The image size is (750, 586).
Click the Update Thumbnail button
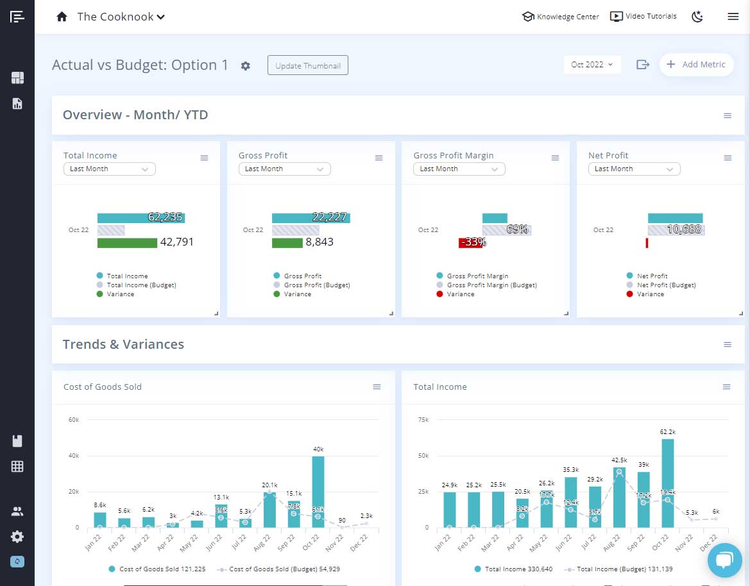click(307, 65)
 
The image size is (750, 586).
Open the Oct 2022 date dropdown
click(592, 65)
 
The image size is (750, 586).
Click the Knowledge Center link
click(561, 17)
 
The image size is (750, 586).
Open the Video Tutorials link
click(643, 17)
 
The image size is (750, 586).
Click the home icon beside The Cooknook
click(62, 17)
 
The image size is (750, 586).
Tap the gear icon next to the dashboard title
click(245, 65)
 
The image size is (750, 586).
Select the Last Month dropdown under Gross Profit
click(284, 169)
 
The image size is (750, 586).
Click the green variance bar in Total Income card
click(127, 243)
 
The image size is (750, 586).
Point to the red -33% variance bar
click(470, 243)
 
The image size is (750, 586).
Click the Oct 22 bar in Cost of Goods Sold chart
click(318, 492)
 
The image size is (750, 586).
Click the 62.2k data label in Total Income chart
click(668, 432)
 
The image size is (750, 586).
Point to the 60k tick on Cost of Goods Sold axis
click(74, 420)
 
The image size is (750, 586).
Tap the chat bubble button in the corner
click(724, 561)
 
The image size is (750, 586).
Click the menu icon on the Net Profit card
click(728, 158)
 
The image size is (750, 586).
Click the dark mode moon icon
click(697, 17)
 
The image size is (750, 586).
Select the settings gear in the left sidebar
click(17, 537)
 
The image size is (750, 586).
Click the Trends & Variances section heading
click(123, 344)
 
